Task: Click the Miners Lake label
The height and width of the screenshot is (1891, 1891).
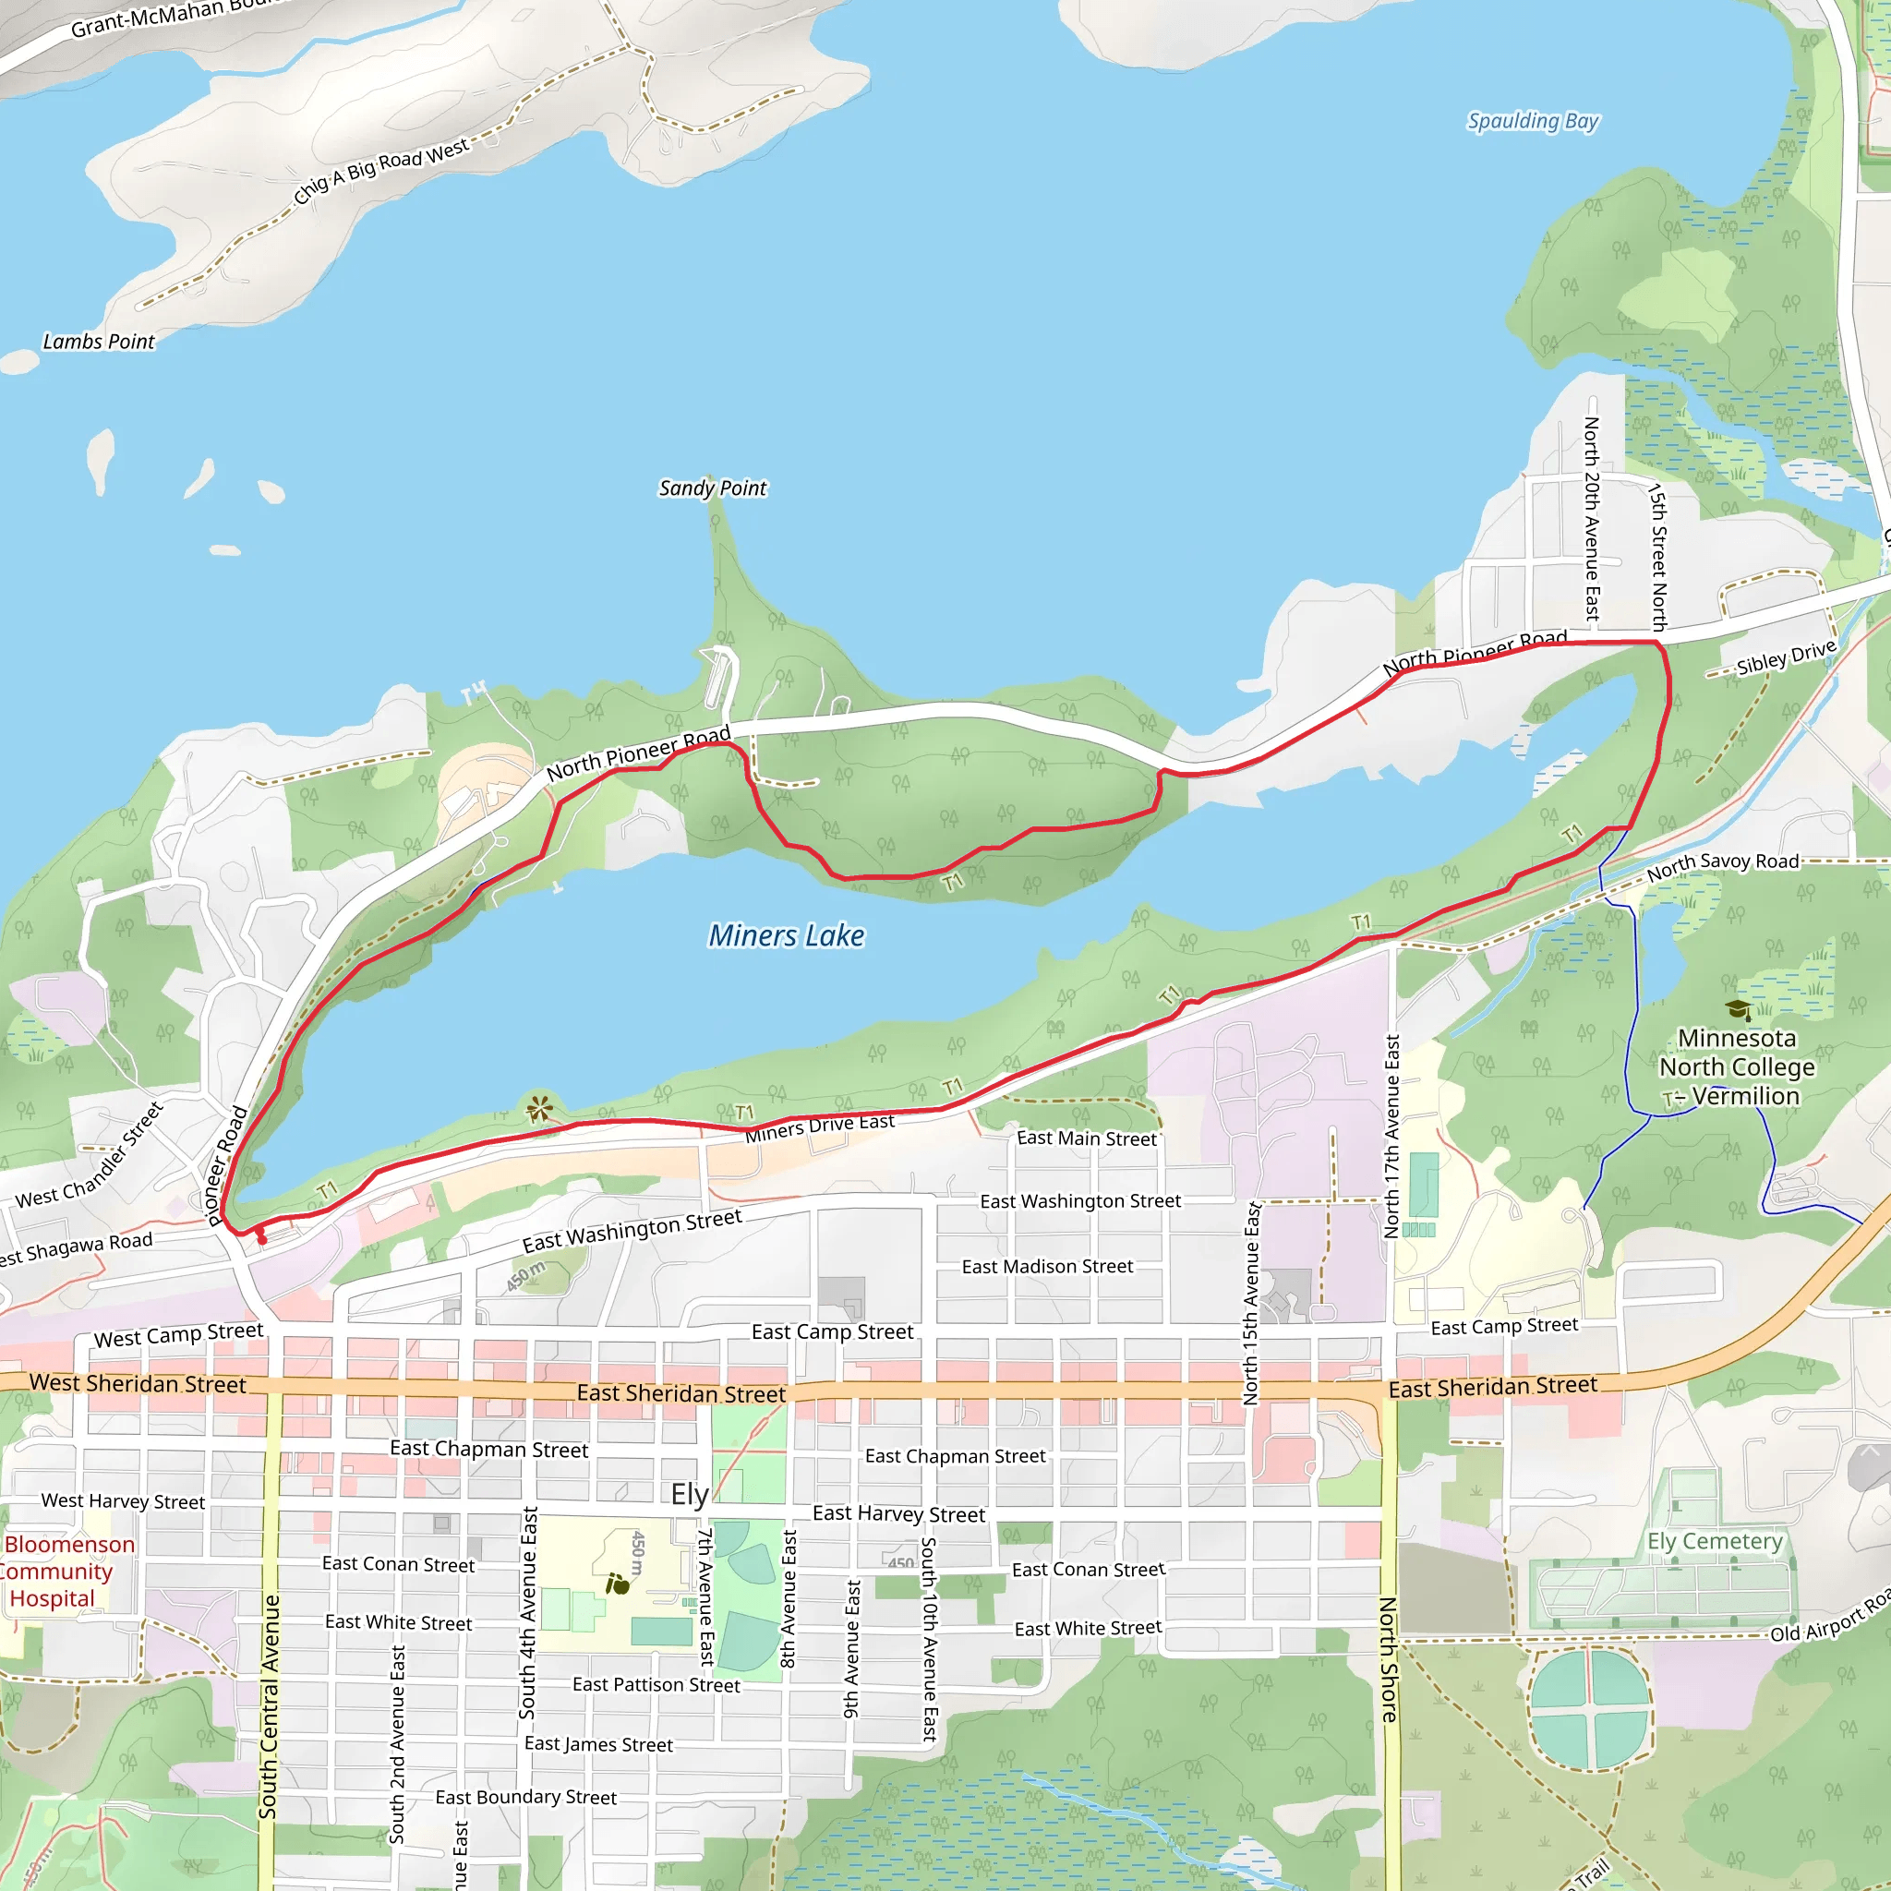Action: click(x=786, y=935)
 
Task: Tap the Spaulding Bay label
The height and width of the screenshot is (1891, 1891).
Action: click(x=1532, y=121)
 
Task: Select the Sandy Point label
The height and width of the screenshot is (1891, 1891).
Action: click(x=713, y=488)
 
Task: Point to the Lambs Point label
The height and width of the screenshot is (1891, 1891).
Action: click(x=99, y=342)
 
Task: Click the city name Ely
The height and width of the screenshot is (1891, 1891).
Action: click(x=689, y=1495)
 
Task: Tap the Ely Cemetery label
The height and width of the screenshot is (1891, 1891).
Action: click(x=1714, y=1542)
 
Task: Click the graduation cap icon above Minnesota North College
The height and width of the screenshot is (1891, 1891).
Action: click(x=1738, y=1009)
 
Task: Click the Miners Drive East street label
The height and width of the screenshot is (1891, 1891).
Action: click(x=819, y=1127)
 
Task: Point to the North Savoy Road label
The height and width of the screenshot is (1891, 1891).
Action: click(x=1723, y=864)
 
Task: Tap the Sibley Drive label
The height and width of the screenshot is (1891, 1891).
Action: click(x=1787, y=657)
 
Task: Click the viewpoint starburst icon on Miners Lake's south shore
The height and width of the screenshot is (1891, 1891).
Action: click(x=539, y=1109)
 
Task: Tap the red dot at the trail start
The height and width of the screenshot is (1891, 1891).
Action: click(x=261, y=1239)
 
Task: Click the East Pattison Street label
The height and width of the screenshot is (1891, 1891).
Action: click(x=656, y=1684)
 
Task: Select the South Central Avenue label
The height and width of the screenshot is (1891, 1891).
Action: click(x=270, y=1707)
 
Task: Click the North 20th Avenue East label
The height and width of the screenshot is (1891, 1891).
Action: click(x=1593, y=519)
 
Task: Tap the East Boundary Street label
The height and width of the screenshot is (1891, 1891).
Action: click(x=525, y=1797)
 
